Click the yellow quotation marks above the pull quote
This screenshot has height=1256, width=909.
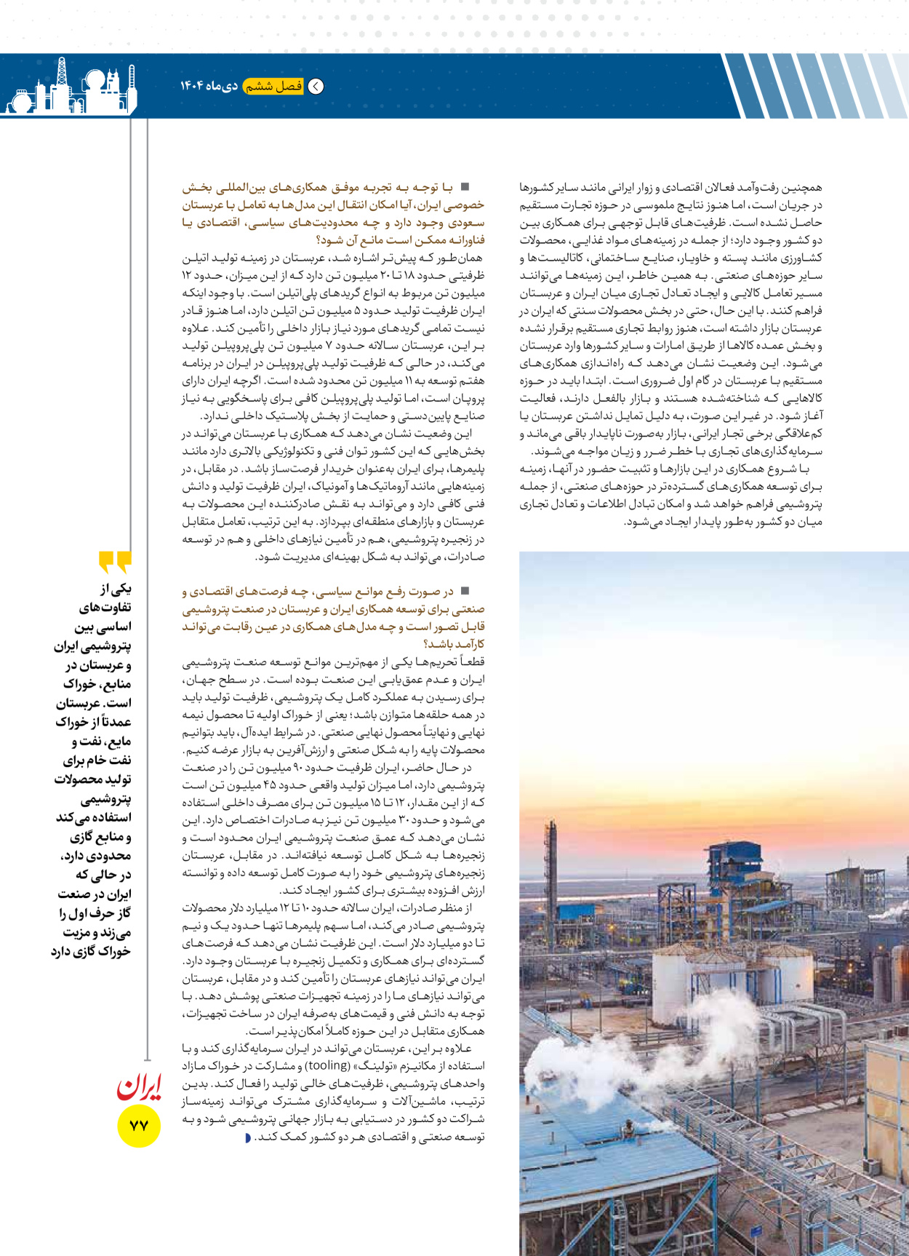pyautogui.click(x=115, y=562)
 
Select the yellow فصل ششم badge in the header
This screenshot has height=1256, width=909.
pyautogui.click(x=273, y=86)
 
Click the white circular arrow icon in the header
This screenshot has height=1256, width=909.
pyautogui.click(x=316, y=86)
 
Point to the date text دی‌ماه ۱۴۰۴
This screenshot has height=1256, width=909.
pyautogui.click(x=209, y=86)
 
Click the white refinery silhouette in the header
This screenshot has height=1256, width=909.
pyautogui.click(x=69, y=89)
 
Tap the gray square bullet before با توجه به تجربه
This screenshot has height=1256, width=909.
pyautogui.click(x=465, y=187)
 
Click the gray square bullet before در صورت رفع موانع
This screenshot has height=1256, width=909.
pyautogui.click(x=465, y=591)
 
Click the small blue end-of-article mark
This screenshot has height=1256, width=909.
pyautogui.click(x=248, y=1137)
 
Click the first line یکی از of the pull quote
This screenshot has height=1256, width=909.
pyautogui.click(x=116, y=588)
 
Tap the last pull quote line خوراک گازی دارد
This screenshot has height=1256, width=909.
pyautogui.click(x=91, y=951)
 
